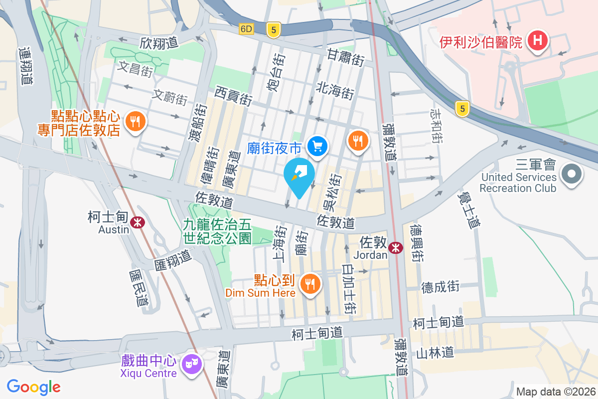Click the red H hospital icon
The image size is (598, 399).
pos(538,40)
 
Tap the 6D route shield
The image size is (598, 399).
pos(246,29)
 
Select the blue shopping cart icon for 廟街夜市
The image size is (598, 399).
pos(317,146)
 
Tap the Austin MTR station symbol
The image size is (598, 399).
pos(138,222)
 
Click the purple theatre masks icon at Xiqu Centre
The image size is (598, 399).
pos(190,364)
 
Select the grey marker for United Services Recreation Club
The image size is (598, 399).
pos(572,175)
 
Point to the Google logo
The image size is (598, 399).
pos(34,387)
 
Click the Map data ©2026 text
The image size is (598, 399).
pos(556,392)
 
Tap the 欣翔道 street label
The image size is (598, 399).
pos(159,43)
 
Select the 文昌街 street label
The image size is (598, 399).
pos(135,69)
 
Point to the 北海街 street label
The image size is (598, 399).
pos(335,91)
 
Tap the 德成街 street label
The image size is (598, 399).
pos(440,287)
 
